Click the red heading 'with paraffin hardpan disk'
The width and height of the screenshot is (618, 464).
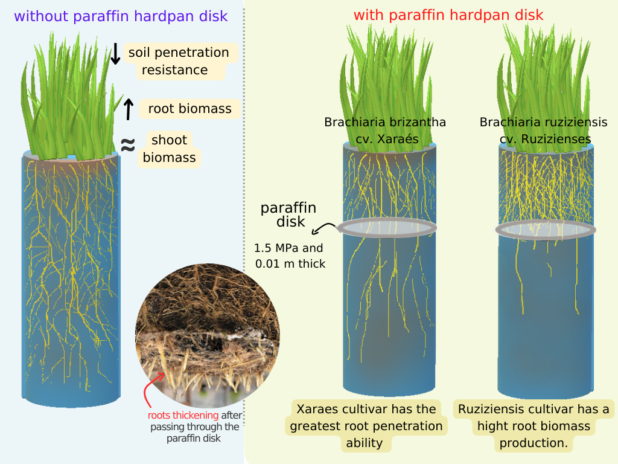click(448, 14)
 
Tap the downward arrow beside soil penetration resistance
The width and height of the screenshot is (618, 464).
click(115, 54)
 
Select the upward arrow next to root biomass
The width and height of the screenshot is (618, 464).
click(128, 109)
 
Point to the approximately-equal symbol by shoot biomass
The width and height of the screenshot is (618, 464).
click(127, 145)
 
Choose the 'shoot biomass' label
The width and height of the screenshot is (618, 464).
click(169, 149)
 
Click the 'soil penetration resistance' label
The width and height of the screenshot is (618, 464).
click(178, 61)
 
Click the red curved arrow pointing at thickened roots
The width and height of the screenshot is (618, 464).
click(150, 390)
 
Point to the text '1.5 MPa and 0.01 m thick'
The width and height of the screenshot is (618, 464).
click(290, 256)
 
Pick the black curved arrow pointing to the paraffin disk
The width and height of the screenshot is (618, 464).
click(325, 228)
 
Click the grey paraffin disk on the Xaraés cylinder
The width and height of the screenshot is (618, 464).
click(387, 227)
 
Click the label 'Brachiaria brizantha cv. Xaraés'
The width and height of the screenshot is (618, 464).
click(385, 130)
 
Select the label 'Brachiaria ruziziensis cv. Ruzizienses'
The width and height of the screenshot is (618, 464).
click(544, 130)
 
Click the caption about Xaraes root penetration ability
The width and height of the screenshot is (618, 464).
click(366, 426)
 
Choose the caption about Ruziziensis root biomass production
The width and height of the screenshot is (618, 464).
click(534, 426)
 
